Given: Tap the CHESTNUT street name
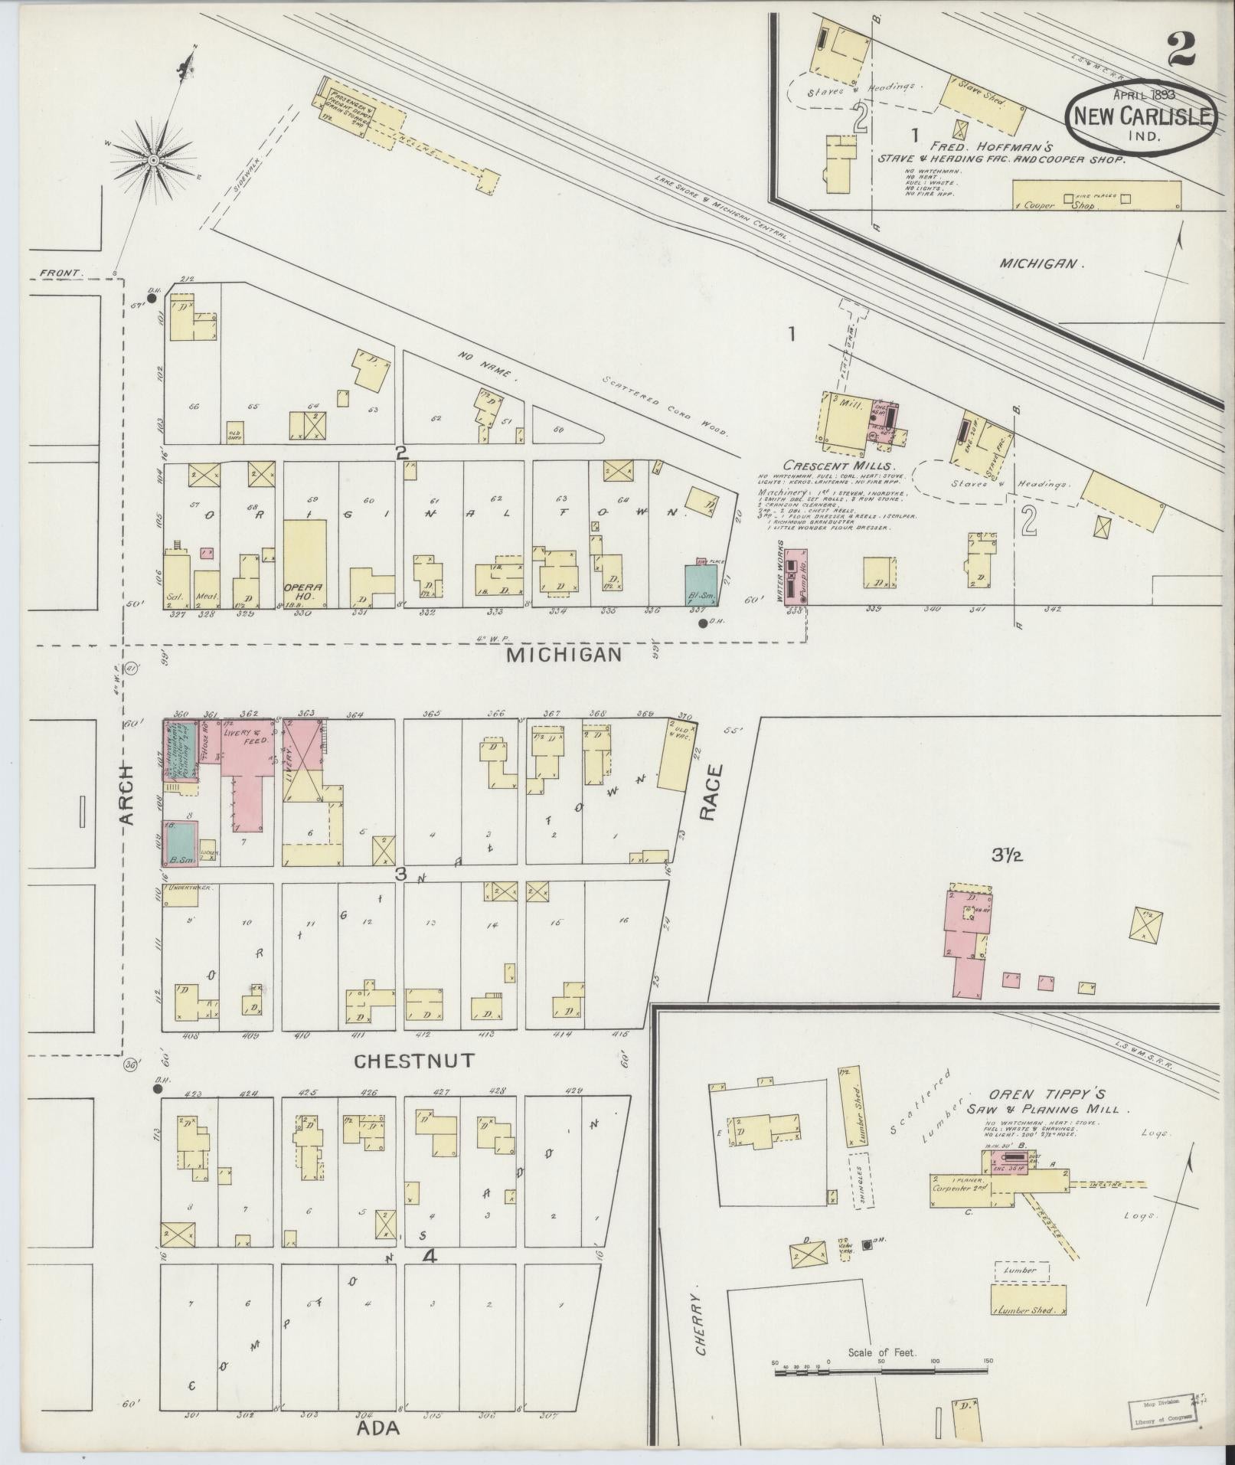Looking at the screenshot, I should (x=414, y=1061).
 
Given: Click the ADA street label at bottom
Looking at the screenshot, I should (x=377, y=1429).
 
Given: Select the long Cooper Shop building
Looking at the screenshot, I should (x=1096, y=195).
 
